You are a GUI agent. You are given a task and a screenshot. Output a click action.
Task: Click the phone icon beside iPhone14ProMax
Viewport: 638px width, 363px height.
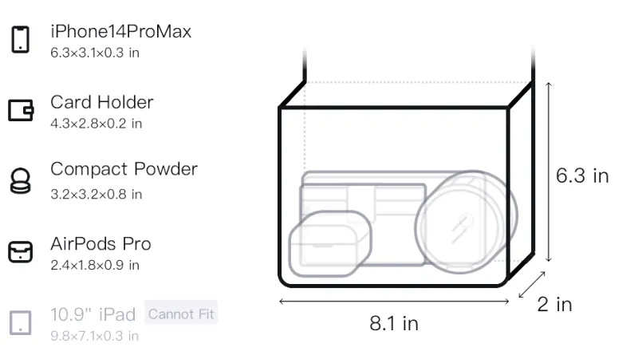tap(21, 39)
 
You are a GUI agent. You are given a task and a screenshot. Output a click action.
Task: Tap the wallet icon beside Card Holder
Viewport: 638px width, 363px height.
tap(21, 110)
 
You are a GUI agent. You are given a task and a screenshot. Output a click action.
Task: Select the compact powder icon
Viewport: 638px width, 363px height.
tap(21, 180)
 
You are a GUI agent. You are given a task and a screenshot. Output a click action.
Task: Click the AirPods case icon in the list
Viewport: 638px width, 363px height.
tap(21, 252)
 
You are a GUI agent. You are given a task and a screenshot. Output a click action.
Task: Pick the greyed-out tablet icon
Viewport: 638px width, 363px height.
tap(21, 323)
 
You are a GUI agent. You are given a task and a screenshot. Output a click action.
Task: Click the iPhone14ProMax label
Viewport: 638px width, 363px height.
tap(121, 31)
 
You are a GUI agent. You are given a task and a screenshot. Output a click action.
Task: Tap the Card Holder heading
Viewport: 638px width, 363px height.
tap(102, 102)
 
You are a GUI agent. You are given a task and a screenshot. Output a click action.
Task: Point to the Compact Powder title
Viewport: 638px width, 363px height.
tap(124, 169)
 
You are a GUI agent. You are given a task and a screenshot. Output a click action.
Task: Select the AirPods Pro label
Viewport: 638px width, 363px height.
tap(100, 244)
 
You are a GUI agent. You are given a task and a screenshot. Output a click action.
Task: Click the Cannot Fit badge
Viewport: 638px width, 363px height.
tap(181, 314)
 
